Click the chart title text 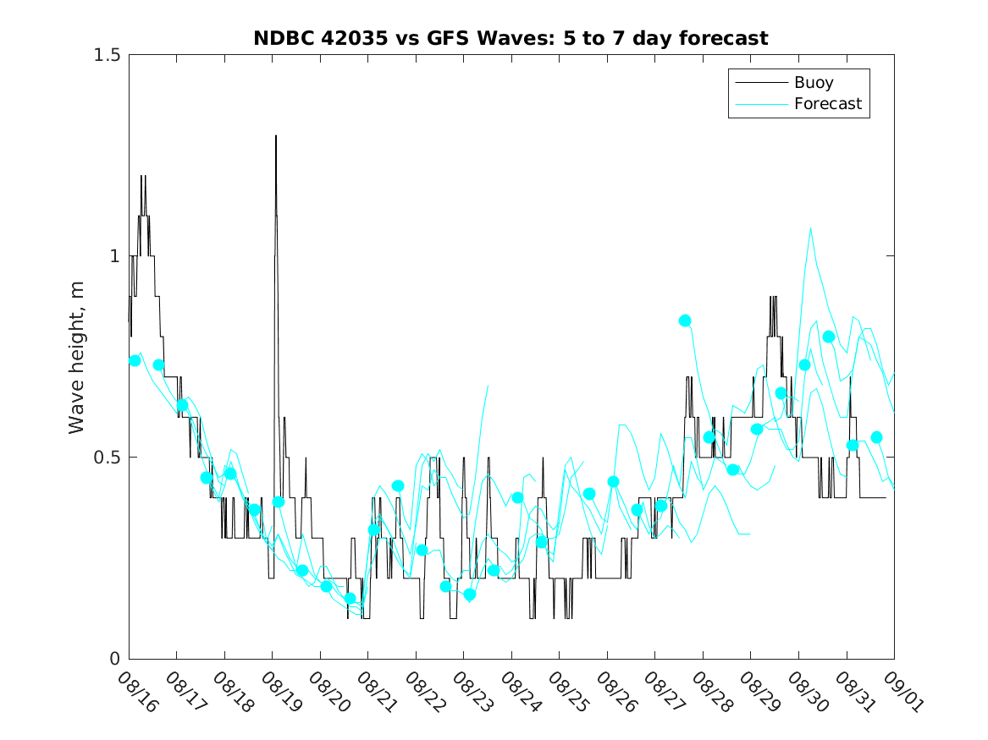[511, 38]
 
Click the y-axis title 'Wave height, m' [77, 356]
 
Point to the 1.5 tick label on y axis [106, 55]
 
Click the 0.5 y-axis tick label [106, 458]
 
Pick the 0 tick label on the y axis [114, 659]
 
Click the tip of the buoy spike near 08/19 [276, 135]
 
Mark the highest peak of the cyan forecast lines [811, 227]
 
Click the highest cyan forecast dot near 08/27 [685, 321]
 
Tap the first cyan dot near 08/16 [135, 360]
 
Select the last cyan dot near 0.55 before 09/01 [877, 437]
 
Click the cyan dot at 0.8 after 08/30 [829, 337]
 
